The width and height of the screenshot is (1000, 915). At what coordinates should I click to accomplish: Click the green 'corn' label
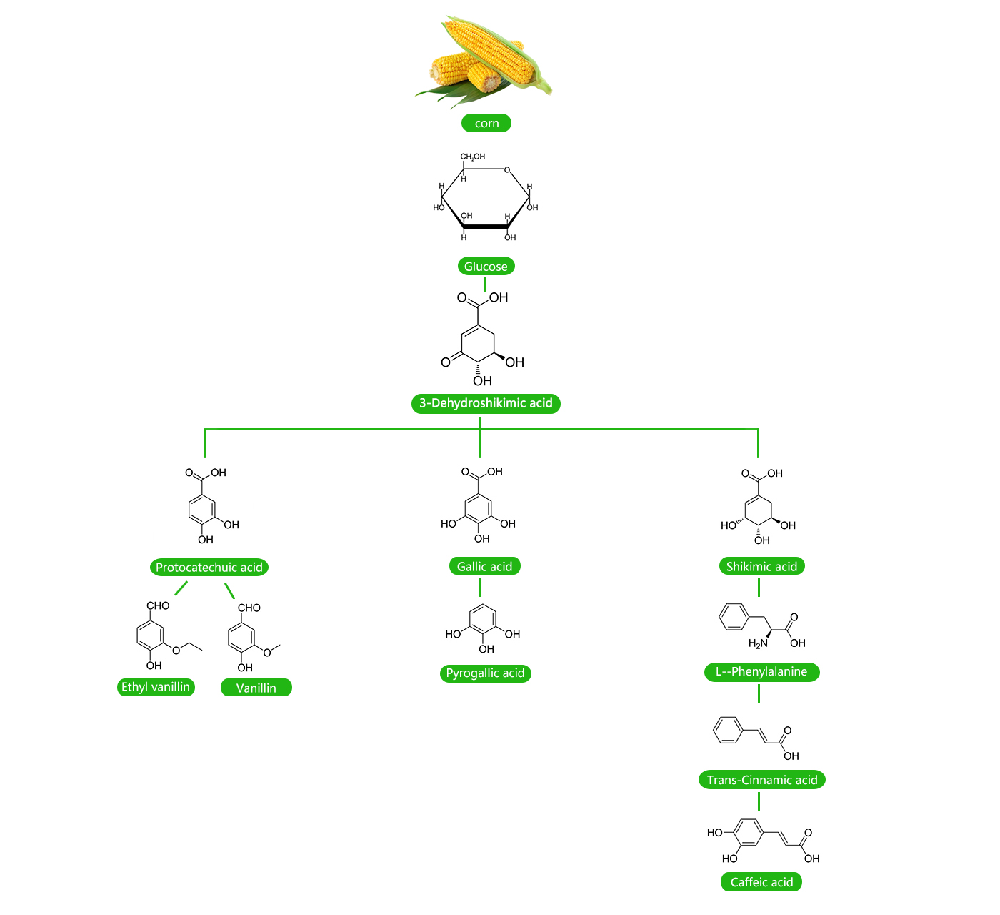point(486,123)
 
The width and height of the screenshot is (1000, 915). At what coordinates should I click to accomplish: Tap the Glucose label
point(486,267)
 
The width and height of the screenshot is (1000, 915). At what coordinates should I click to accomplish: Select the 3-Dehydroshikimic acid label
point(486,403)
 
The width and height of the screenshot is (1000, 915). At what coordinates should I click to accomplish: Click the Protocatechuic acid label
point(209,568)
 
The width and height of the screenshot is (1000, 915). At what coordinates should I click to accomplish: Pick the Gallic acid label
point(485,567)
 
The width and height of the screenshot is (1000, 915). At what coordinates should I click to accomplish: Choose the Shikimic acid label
point(761,567)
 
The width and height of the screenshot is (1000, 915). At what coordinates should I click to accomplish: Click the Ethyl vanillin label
point(156,687)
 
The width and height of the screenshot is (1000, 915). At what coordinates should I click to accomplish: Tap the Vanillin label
point(256,688)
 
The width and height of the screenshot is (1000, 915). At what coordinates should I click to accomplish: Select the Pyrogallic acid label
point(486,673)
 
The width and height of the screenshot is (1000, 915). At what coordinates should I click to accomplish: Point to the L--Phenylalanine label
point(761,672)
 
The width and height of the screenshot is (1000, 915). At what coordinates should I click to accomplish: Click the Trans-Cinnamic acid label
point(762,780)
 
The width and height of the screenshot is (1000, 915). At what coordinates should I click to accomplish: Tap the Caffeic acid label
point(761,882)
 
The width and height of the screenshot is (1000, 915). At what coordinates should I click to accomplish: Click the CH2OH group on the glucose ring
point(472,157)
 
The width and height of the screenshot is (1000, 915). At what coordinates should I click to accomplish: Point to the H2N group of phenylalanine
point(758,643)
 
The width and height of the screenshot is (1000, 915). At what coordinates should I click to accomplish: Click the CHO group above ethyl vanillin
point(158,605)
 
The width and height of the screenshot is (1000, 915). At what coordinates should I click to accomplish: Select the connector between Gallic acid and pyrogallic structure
point(479,588)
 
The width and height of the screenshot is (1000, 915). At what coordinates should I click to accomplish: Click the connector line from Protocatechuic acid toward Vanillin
point(229,590)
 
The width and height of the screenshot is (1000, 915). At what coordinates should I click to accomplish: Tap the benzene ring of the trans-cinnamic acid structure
point(728,730)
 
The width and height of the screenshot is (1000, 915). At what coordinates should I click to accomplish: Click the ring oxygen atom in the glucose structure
point(507,170)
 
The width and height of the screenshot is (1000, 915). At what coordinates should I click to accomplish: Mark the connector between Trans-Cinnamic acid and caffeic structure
point(759,801)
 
